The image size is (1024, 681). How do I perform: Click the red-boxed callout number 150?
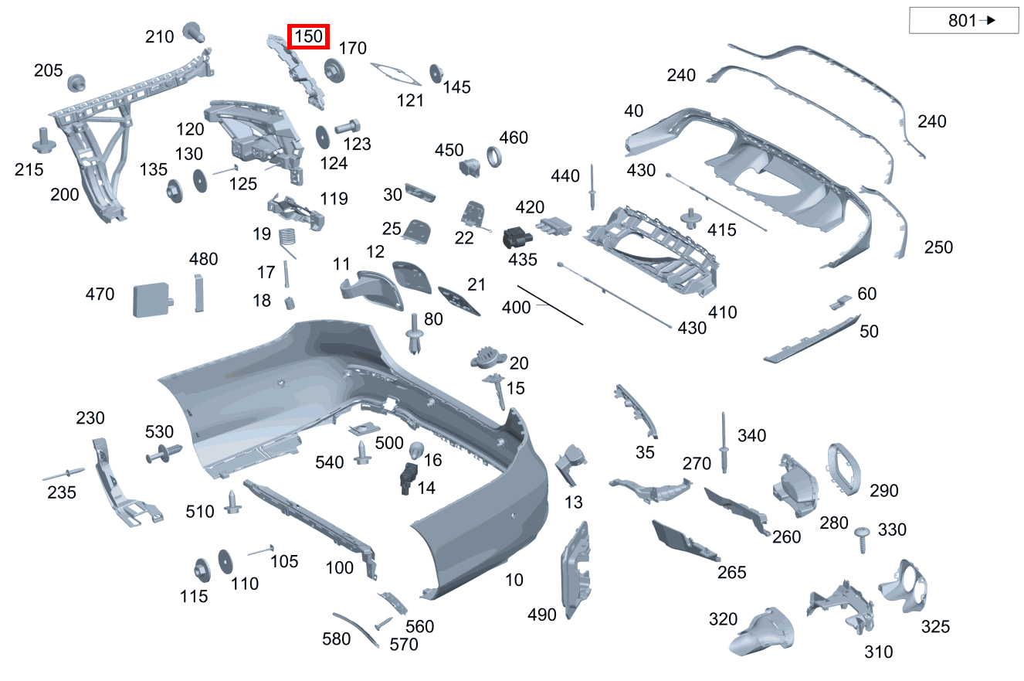[x=308, y=36]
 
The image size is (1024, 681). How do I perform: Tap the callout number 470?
[x=100, y=295]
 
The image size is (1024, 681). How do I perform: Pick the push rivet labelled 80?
[x=416, y=334]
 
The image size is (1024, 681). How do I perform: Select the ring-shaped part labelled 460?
[x=494, y=158]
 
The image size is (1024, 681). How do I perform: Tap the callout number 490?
[x=542, y=615]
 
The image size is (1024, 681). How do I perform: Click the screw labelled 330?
[x=863, y=538]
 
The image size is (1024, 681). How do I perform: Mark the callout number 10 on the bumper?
[x=514, y=579]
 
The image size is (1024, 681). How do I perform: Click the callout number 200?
[x=65, y=194]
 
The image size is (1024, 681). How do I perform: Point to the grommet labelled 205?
[x=76, y=82]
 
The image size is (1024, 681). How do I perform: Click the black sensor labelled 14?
[x=408, y=478]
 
